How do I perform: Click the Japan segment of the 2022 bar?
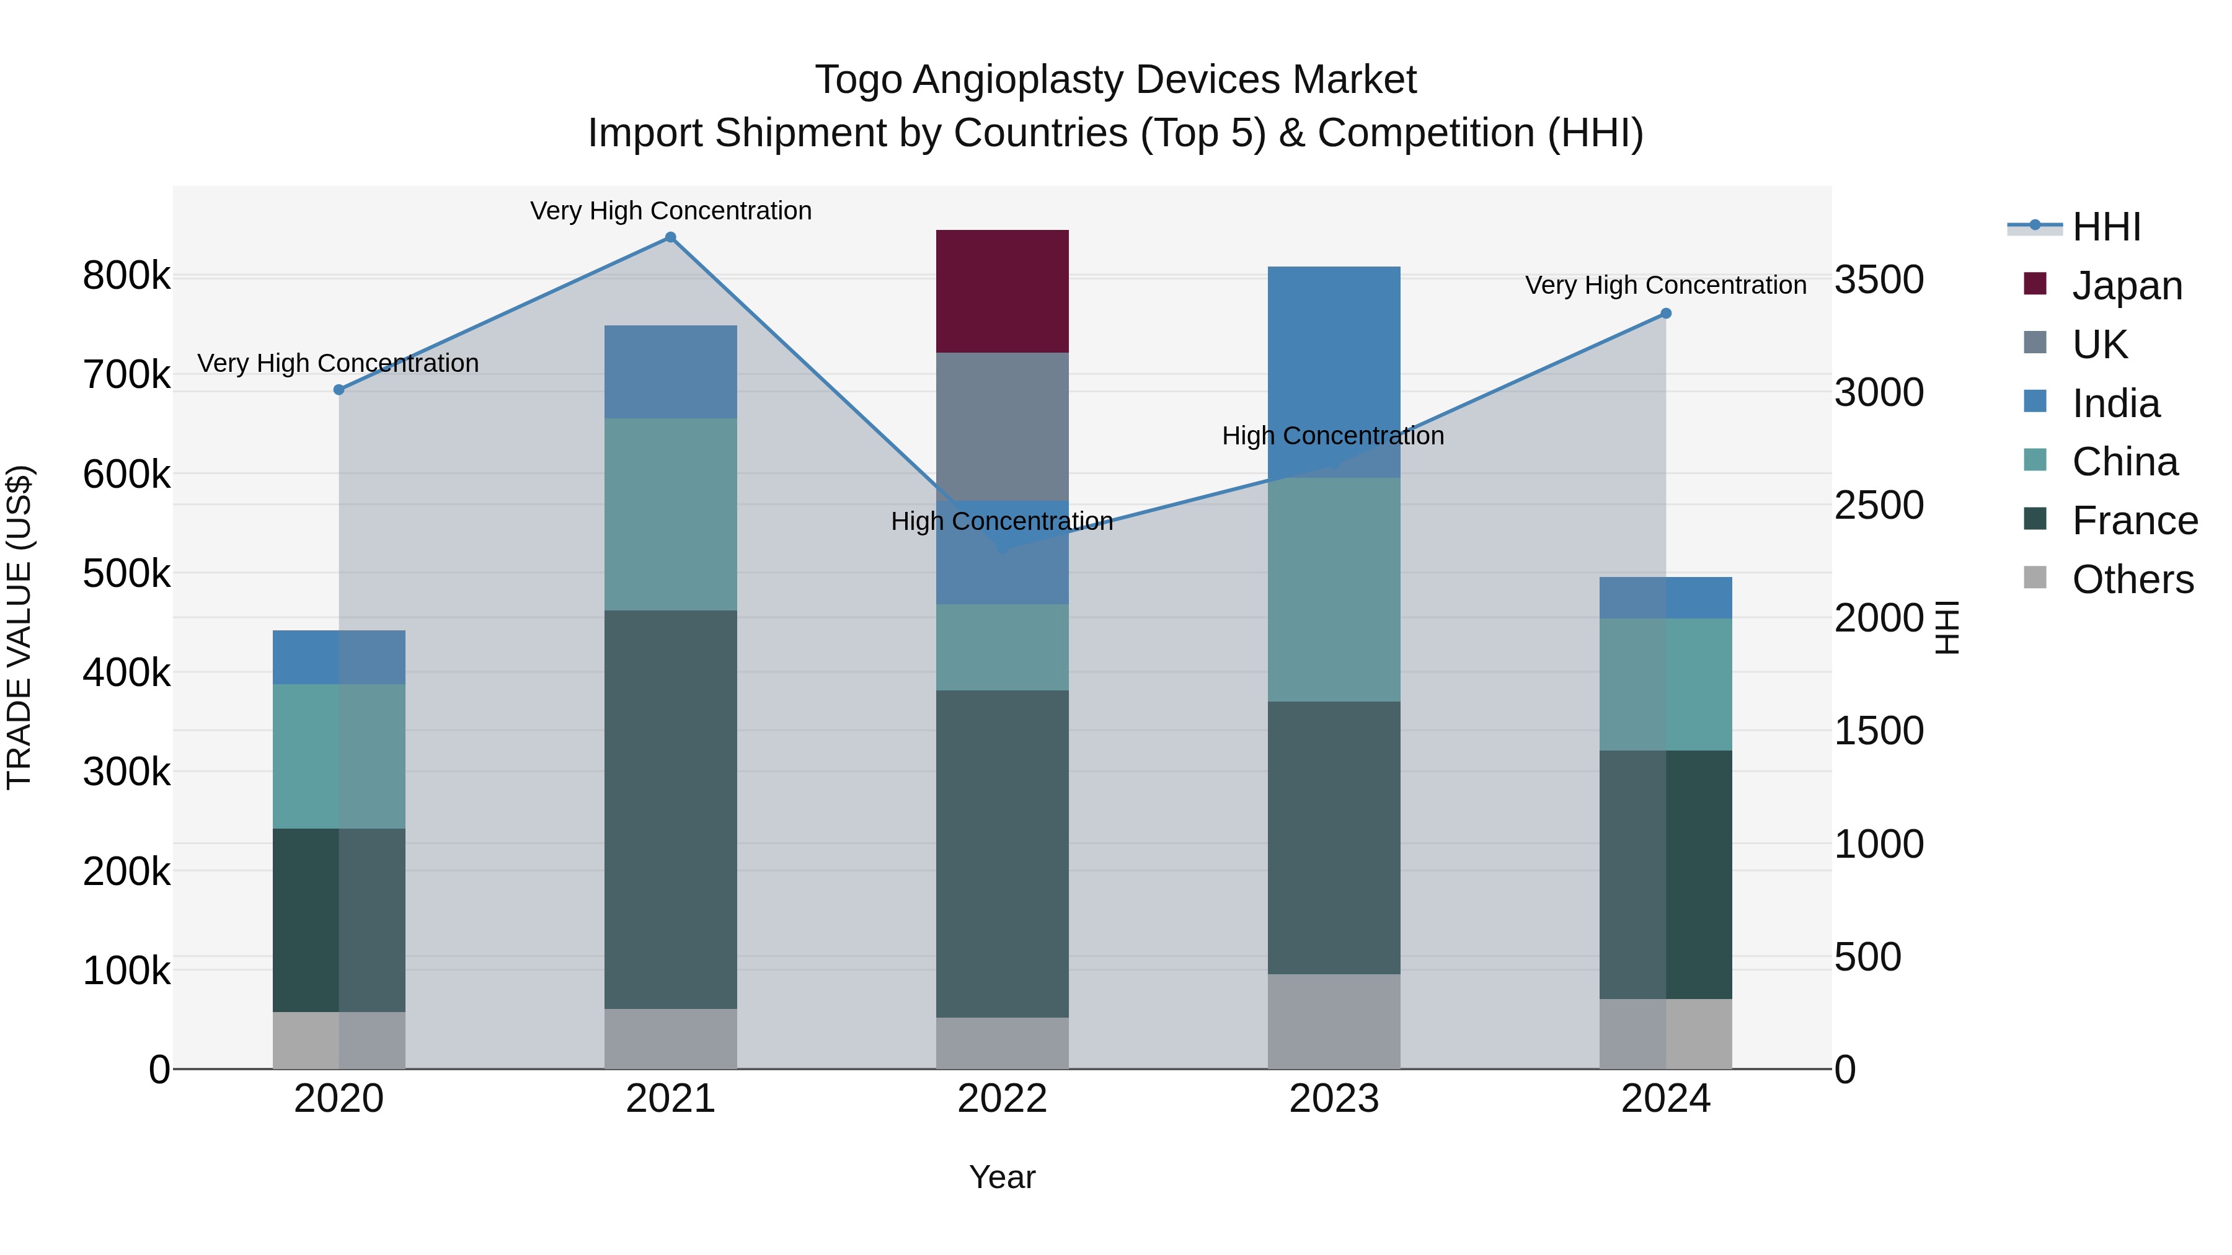[1002, 291]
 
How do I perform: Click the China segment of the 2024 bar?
[1665, 684]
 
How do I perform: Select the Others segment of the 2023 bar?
[1334, 1021]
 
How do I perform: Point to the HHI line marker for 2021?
[670, 237]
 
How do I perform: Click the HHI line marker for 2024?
[1665, 314]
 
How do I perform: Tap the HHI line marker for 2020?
[339, 390]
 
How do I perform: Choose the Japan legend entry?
[2127, 286]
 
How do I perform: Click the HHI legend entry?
[2106, 227]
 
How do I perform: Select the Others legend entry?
[2132, 579]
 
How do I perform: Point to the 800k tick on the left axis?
[126, 276]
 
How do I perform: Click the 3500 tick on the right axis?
[1879, 280]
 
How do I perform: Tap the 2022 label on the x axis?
[1002, 1099]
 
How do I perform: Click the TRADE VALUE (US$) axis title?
[19, 627]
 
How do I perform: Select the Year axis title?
[1002, 1177]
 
